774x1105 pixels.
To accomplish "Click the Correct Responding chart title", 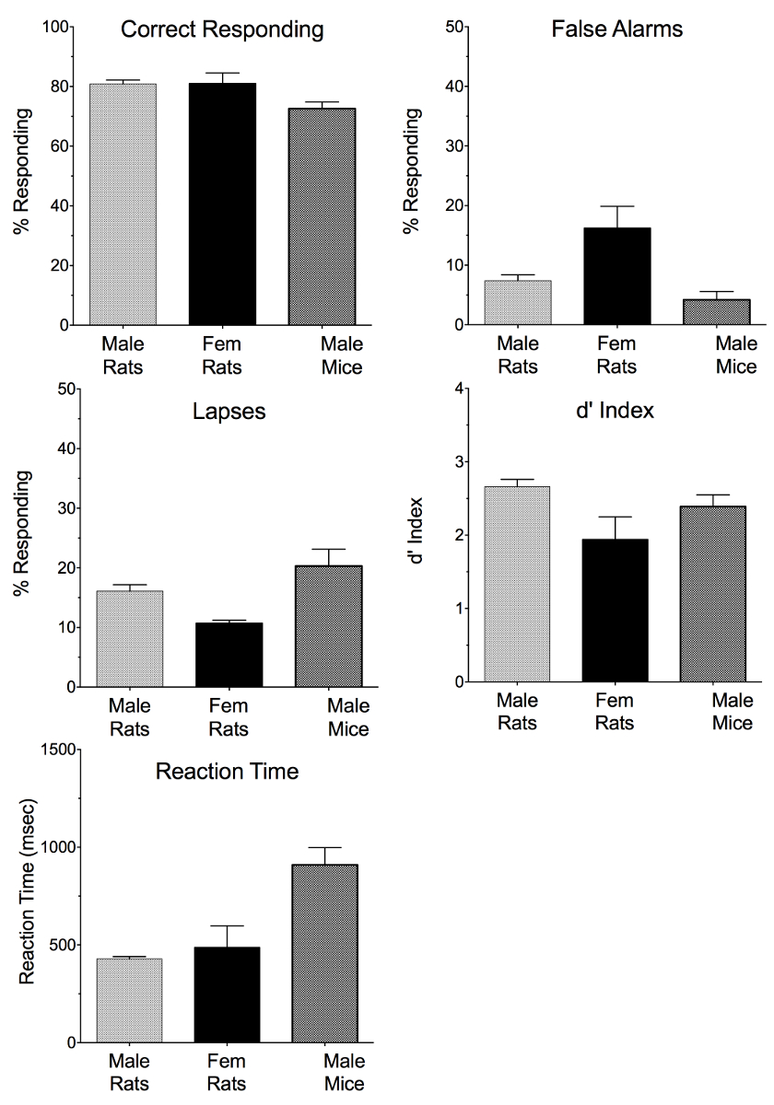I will tap(223, 30).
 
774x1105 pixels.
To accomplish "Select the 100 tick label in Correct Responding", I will tap(57, 27).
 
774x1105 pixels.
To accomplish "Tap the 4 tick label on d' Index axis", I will tap(449, 388).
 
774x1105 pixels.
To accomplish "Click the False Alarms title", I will tap(616, 29).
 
